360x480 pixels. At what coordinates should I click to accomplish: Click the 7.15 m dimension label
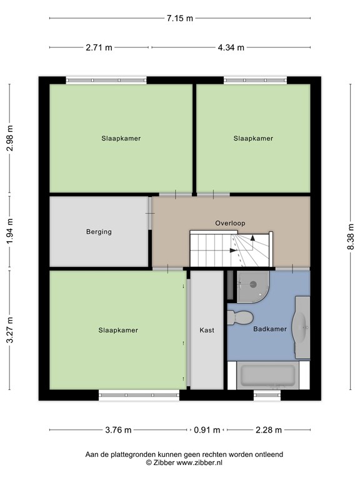[x=179, y=18]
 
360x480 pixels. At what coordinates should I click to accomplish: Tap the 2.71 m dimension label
[x=99, y=47]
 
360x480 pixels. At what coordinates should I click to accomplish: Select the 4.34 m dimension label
[x=231, y=47]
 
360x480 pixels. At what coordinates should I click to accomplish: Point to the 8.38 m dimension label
[x=351, y=238]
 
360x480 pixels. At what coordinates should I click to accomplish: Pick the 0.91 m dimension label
[x=207, y=429]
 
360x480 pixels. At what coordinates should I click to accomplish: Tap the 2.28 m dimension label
[x=269, y=429]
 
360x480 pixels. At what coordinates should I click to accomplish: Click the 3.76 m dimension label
[x=119, y=429]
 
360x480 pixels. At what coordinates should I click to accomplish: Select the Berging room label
[x=99, y=232]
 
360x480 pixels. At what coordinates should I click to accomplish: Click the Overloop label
[x=230, y=223]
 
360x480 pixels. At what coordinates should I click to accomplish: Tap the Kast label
[x=206, y=330]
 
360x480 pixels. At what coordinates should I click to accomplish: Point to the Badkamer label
[x=270, y=329]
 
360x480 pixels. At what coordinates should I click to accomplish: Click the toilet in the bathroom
[x=240, y=317]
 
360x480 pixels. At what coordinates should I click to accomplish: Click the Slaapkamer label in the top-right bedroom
[x=253, y=138]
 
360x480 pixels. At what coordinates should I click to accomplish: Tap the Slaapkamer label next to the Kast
[x=117, y=330]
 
